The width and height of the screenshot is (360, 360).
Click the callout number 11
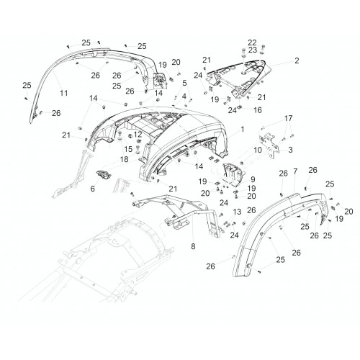tap(64, 93)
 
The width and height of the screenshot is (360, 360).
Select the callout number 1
tap(243, 130)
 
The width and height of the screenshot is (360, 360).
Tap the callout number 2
tap(297, 60)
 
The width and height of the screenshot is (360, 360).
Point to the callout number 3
tap(290, 150)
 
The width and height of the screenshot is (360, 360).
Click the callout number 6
tap(93, 189)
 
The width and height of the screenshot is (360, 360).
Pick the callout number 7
tap(295, 171)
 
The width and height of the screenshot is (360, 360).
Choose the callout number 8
tap(193, 246)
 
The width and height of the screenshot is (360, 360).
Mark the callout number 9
tap(253, 179)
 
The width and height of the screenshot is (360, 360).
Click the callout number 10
tap(258, 150)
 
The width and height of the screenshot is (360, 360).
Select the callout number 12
tap(138, 134)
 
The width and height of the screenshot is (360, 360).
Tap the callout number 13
tap(237, 212)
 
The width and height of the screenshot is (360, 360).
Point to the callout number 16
tap(258, 110)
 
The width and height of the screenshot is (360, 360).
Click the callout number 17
tap(289, 118)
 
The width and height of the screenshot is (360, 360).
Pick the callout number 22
tap(252, 42)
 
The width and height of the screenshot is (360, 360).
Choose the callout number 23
tap(253, 50)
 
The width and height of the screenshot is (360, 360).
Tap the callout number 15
tap(128, 149)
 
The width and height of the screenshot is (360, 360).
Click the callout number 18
tap(125, 159)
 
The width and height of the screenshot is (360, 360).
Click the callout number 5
tap(184, 84)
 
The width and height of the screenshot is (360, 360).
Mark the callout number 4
tap(184, 96)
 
